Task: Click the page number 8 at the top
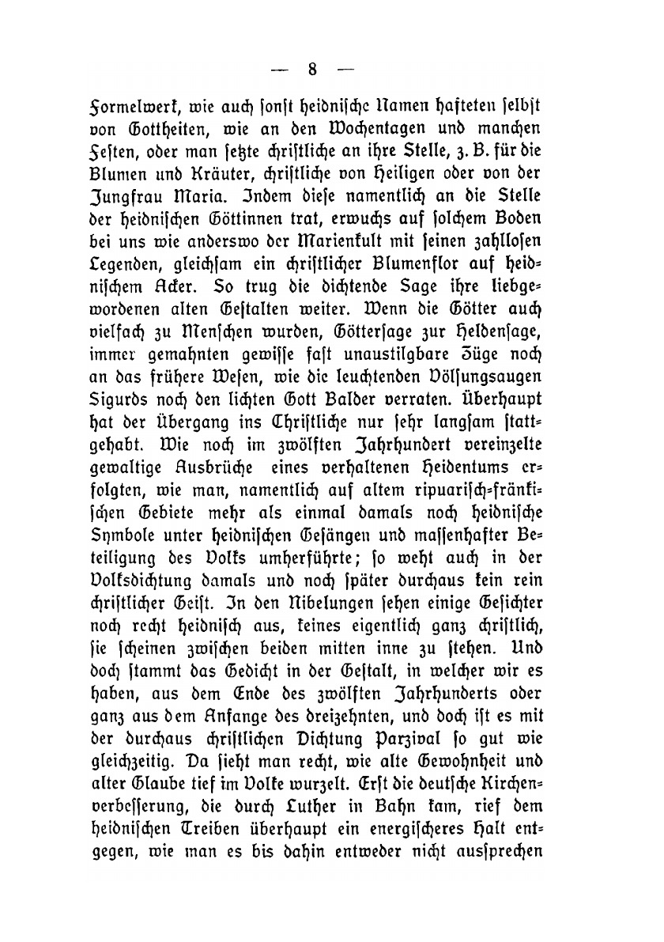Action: pyautogui.click(x=311, y=70)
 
